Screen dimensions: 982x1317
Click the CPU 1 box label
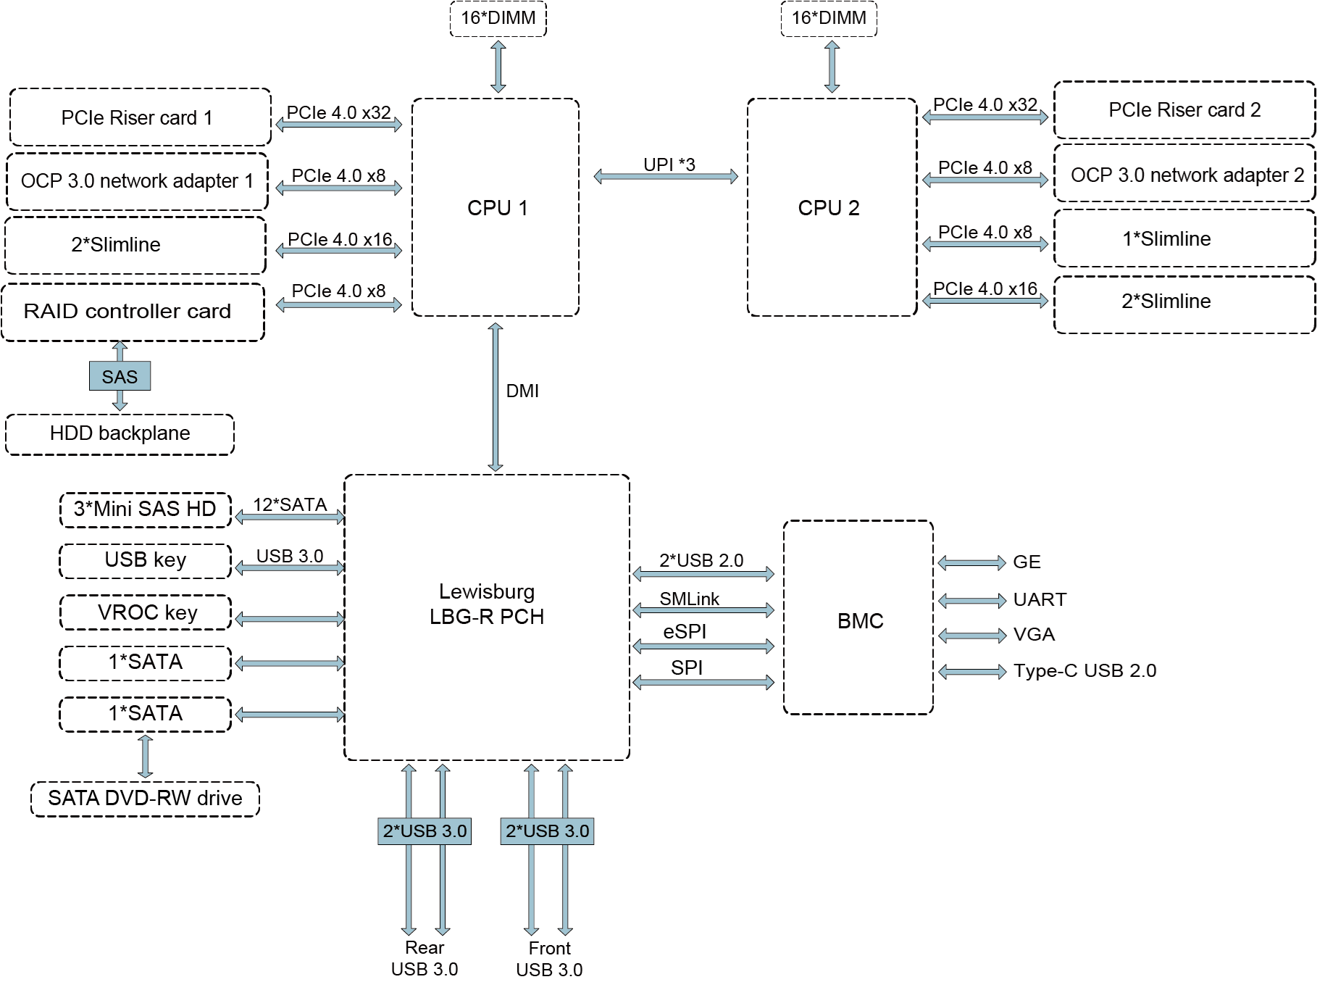click(497, 208)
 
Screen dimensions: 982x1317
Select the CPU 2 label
click(828, 208)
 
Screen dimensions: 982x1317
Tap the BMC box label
click(860, 621)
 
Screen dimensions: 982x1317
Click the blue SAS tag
click(120, 377)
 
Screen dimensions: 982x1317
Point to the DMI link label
click(522, 391)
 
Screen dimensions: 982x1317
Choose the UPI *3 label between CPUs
click(669, 165)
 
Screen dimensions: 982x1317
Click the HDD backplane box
click(120, 434)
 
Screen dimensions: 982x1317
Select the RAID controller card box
click(133, 312)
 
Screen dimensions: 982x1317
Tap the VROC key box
click(146, 612)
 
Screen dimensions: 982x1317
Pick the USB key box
click(146, 560)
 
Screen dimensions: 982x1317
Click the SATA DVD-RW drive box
click(145, 799)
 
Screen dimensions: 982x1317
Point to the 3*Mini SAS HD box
click(145, 509)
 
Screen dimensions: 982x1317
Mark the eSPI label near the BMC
click(685, 632)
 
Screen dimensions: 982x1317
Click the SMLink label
click(689, 599)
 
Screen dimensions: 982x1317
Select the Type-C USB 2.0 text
click(1084, 671)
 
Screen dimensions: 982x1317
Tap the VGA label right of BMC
click(1034, 635)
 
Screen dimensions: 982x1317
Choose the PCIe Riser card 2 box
click(1184, 110)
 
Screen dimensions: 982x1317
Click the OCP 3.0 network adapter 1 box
click(137, 181)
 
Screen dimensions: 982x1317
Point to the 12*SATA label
click(290, 505)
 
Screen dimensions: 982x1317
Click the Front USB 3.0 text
click(549, 959)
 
